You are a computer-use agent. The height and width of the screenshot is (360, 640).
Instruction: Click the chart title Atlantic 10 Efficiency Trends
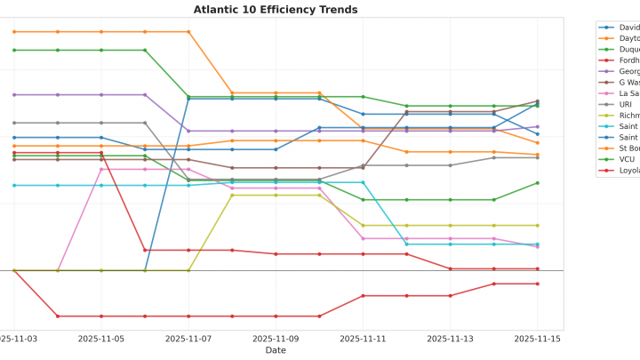(276, 10)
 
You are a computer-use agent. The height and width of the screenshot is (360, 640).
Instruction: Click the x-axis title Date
(276, 350)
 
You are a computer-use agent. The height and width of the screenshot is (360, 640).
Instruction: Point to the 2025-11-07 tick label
(188, 339)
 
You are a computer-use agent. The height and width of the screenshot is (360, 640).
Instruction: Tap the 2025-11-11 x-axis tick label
(363, 339)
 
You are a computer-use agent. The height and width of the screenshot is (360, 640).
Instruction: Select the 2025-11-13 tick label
(450, 339)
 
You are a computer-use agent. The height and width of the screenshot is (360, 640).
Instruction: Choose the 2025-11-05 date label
(101, 339)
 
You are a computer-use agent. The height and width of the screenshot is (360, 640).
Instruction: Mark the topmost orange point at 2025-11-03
(14, 32)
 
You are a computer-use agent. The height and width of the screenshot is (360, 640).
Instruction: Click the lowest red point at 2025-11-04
(58, 316)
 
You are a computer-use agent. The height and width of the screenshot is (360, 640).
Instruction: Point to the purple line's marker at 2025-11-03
(14, 94)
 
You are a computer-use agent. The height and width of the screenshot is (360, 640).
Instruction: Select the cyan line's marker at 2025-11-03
(14, 185)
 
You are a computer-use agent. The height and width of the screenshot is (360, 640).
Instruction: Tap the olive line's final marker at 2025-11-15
(537, 226)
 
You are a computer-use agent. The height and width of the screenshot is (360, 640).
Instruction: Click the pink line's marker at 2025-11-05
(101, 169)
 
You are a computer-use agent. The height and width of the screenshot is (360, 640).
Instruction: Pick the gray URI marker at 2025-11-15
(537, 157)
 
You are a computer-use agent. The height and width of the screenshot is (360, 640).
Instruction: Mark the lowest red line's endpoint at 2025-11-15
(537, 284)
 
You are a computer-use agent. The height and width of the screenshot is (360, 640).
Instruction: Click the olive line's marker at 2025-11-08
(232, 195)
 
